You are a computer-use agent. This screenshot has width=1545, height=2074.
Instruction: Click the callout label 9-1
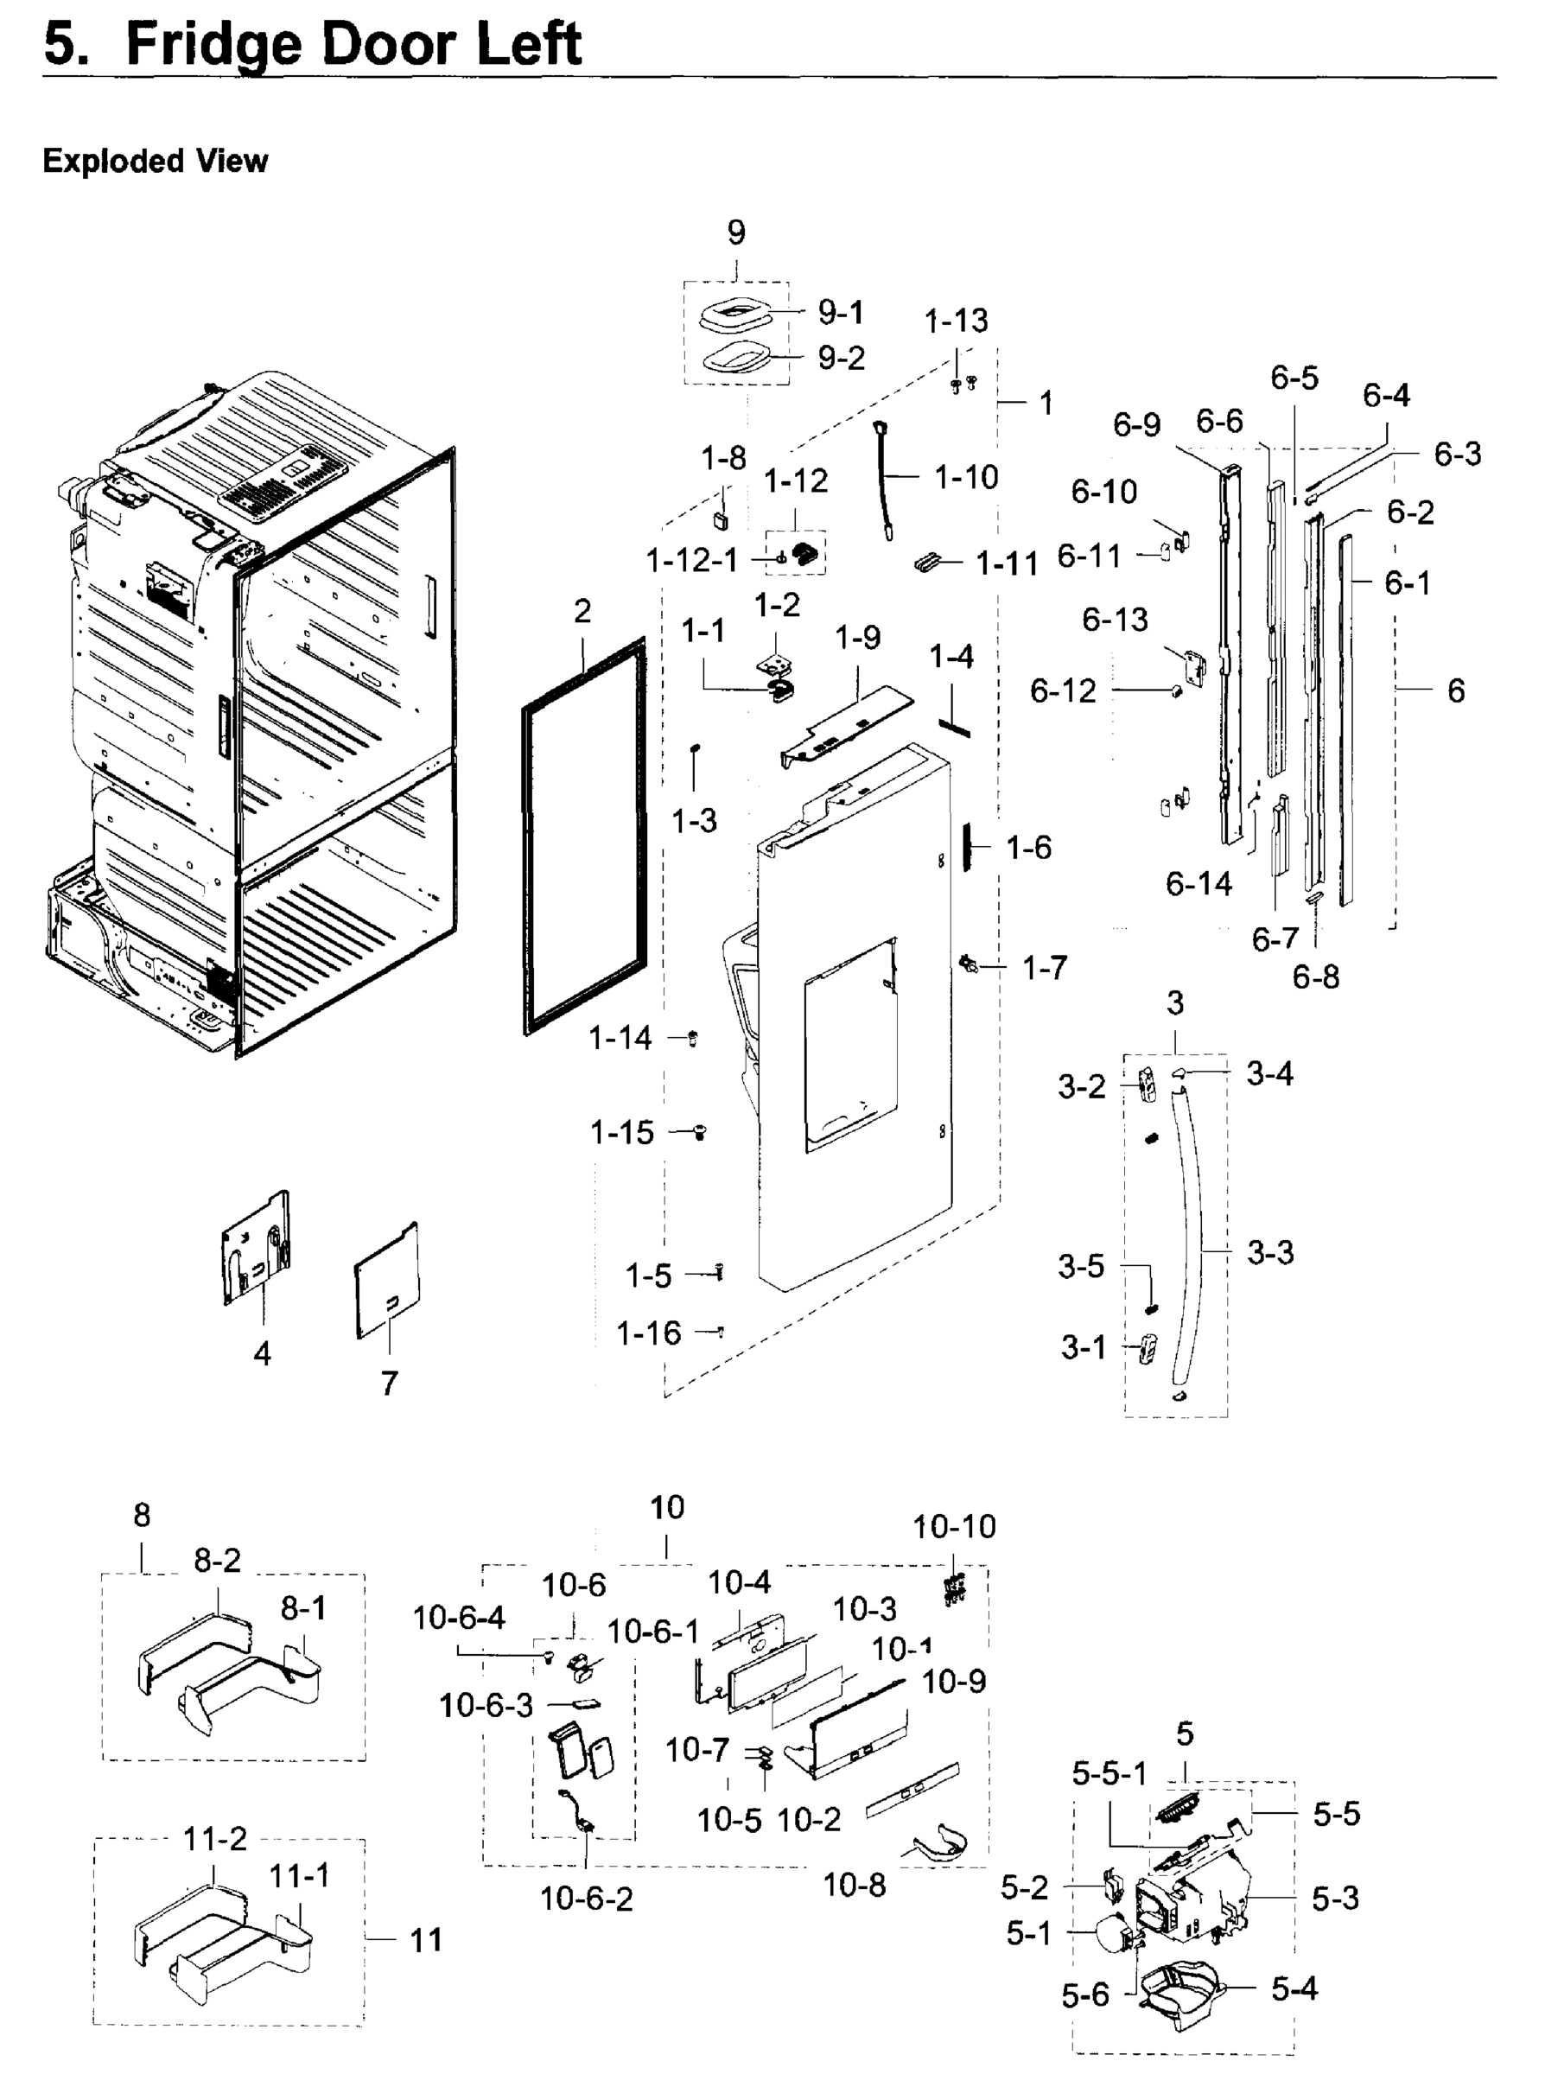point(841,313)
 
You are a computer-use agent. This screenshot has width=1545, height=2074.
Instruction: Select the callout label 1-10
point(966,478)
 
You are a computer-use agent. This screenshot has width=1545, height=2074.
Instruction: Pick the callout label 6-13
point(1115,620)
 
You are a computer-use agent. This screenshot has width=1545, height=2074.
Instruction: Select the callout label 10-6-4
point(458,1618)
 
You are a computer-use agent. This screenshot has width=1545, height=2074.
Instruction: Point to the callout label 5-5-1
point(1109,1774)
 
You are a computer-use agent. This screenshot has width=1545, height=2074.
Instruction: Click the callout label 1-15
point(621,1133)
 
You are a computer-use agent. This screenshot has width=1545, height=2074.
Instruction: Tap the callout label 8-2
point(217,1560)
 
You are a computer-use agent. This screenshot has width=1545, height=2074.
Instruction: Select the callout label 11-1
point(299,1875)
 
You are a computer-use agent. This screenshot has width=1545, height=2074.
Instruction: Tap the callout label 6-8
point(1315,977)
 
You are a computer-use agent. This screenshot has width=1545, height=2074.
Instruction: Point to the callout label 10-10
point(954,1527)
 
